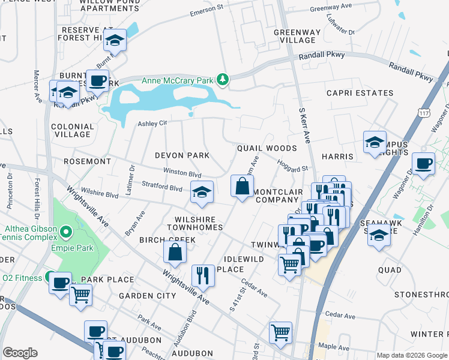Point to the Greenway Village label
tap(294, 36)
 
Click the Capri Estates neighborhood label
tap(360, 93)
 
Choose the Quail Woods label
tap(267, 148)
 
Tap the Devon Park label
tap(182, 155)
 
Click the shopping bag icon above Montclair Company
tap(242, 185)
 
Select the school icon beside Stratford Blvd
tap(202, 192)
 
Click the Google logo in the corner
tap(20, 353)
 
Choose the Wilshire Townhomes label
tap(199, 224)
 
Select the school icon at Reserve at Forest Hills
tap(114, 41)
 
